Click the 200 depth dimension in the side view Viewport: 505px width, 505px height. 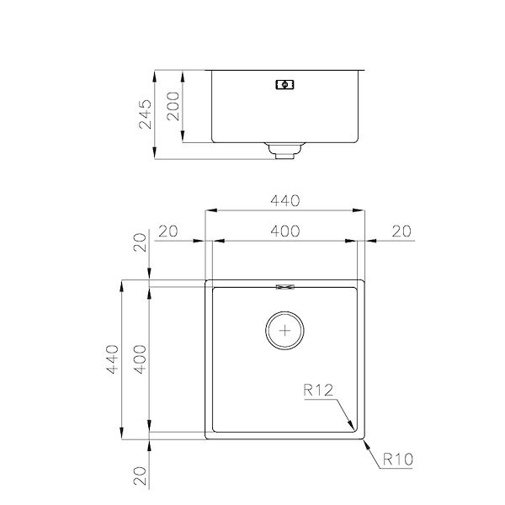coord(174,106)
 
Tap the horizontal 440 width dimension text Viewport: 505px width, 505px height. coord(286,200)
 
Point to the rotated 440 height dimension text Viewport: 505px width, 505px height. coord(110,360)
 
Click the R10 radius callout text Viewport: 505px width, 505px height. coord(397,460)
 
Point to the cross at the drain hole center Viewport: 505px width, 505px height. coord(286,330)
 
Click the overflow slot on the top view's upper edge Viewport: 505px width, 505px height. coord(286,286)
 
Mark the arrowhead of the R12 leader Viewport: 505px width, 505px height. coord(353,428)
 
